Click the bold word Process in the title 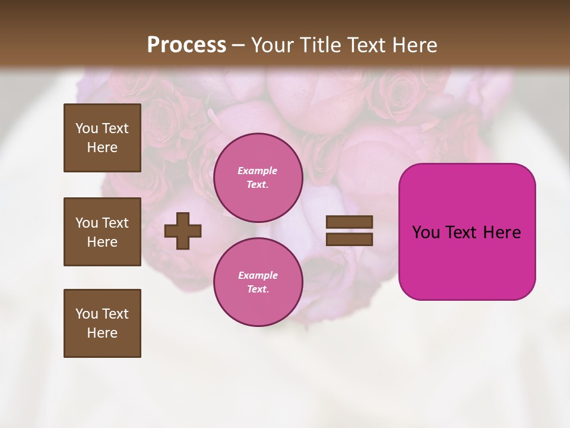click(x=186, y=45)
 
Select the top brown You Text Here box click(x=102, y=138)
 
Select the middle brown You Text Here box click(x=102, y=232)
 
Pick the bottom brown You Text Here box click(x=102, y=323)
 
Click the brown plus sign click(x=183, y=231)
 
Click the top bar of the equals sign click(x=349, y=222)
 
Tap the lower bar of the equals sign click(x=349, y=240)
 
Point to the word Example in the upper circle click(x=258, y=171)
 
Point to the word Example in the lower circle click(x=258, y=275)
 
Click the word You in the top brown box click(x=87, y=128)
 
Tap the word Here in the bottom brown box click(x=102, y=333)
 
